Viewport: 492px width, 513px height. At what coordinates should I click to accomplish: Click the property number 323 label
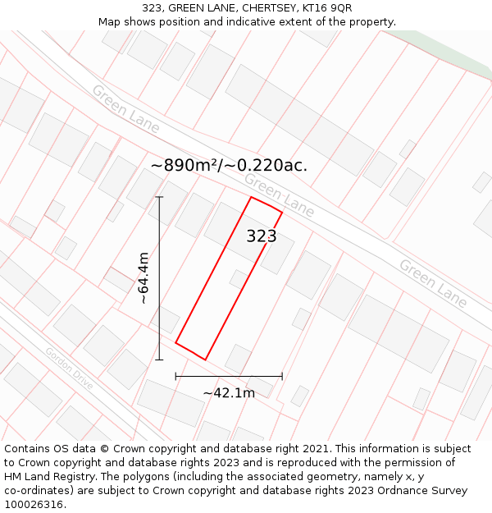[x=262, y=236]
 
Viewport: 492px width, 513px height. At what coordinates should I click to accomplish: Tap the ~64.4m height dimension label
[x=143, y=278]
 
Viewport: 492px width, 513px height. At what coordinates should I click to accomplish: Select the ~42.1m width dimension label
[x=229, y=392]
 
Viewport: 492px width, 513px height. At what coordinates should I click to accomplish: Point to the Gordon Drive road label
[x=69, y=369]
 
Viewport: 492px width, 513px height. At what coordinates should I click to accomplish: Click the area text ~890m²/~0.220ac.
[x=229, y=165]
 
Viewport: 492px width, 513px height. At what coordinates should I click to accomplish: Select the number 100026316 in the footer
[x=34, y=504]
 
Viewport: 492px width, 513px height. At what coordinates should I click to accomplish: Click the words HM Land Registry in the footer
[x=46, y=476]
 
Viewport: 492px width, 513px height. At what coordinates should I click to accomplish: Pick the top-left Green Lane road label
[x=125, y=108]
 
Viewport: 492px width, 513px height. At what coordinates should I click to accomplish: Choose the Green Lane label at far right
[x=433, y=283]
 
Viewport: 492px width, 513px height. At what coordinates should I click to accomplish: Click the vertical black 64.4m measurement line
[x=159, y=278]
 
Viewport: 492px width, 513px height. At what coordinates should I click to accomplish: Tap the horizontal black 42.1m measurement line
[x=229, y=376]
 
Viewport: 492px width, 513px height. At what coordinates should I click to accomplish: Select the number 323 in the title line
[x=152, y=8]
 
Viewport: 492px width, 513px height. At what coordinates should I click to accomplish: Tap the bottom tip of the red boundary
[x=205, y=360]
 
